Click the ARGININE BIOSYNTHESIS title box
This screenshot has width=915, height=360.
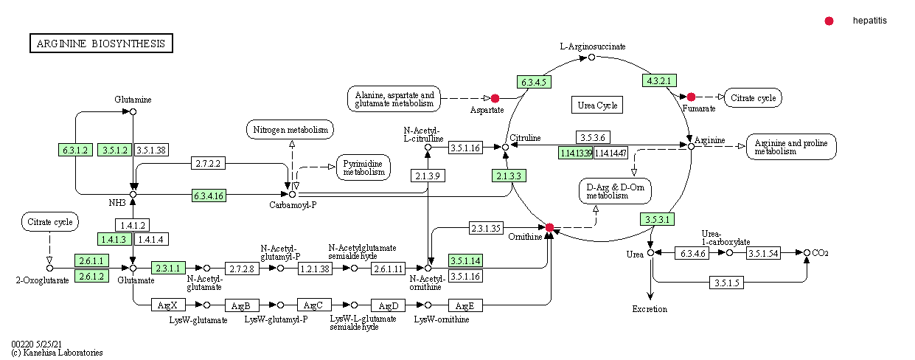pyautogui.click(x=101, y=44)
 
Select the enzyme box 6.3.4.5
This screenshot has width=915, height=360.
pyautogui.click(x=534, y=82)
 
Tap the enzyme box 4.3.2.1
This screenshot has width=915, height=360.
pyautogui.click(x=661, y=80)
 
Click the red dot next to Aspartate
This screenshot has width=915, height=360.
pyautogui.click(x=495, y=98)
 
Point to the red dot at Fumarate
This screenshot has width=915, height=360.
pyautogui.click(x=691, y=97)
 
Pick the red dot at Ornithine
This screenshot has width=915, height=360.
pyautogui.click(x=549, y=226)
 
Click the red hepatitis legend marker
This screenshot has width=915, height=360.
pyautogui.click(x=829, y=21)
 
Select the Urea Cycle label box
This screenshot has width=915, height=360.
pyautogui.click(x=596, y=105)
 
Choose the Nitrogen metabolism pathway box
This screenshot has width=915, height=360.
pyautogui.click(x=290, y=130)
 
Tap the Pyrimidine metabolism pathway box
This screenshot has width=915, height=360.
pyautogui.click(x=363, y=167)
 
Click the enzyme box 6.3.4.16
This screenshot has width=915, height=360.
pyautogui.click(x=209, y=195)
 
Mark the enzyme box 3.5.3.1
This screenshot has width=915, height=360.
pyautogui.click(x=657, y=219)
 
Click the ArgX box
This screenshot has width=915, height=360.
pyautogui.click(x=168, y=305)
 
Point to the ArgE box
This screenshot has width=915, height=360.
pyautogui.click(x=465, y=305)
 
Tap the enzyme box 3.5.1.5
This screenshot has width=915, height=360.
pyautogui.click(x=727, y=283)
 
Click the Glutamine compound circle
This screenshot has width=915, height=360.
pyautogui.click(x=133, y=112)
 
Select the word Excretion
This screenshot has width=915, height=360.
pyautogui.click(x=650, y=309)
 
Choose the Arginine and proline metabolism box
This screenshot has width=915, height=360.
pyautogui.click(x=791, y=146)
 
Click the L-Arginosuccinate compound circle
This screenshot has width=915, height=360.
pyautogui.click(x=591, y=57)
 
